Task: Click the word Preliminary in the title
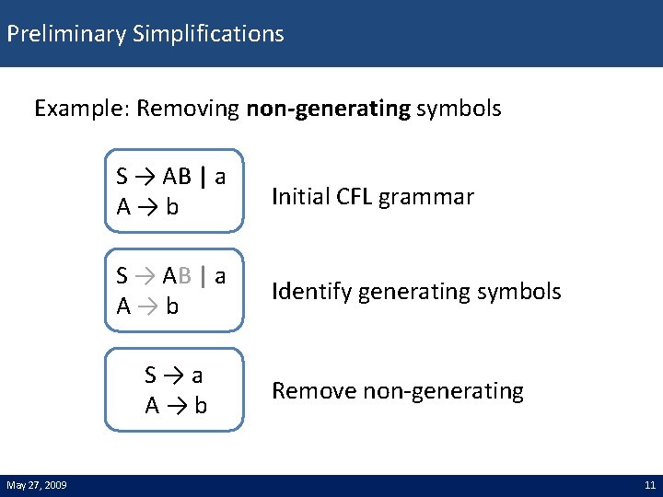point(66,35)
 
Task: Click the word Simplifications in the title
point(208,35)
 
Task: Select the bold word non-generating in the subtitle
point(328,110)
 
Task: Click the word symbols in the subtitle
point(459,110)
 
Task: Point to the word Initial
point(300,196)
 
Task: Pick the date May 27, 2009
point(36,485)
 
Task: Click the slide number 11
point(648,485)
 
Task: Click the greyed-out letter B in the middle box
point(185,275)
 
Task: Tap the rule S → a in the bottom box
point(174,376)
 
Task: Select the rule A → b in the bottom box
point(175,405)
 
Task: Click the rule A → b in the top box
point(147,207)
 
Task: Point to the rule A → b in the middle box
point(147,306)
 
